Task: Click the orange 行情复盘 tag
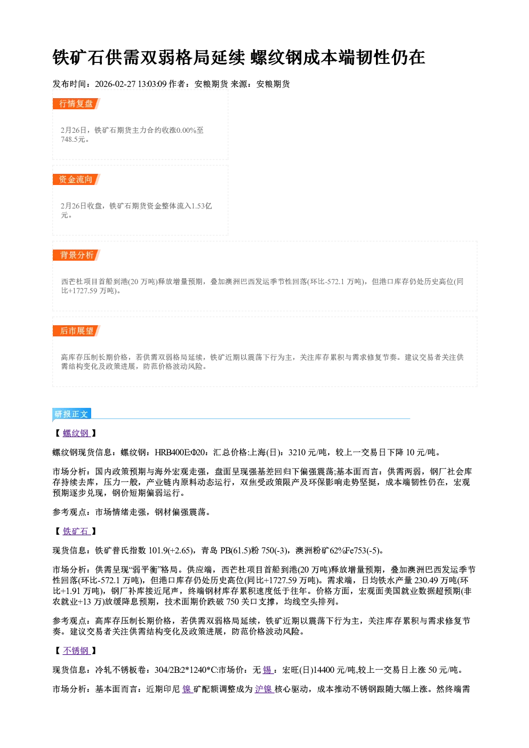tap(76, 103)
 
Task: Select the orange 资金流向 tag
tap(76, 179)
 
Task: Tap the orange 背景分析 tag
tap(76, 255)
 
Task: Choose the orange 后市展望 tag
tap(76, 331)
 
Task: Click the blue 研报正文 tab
tap(71, 414)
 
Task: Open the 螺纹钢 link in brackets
tap(76, 433)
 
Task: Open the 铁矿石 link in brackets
tap(76, 532)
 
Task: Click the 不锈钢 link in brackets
tap(76, 650)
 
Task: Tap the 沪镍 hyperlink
tap(264, 689)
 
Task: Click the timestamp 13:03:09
tap(153, 84)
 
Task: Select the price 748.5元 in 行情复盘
tap(73, 139)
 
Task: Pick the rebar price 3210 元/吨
tap(308, 453)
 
